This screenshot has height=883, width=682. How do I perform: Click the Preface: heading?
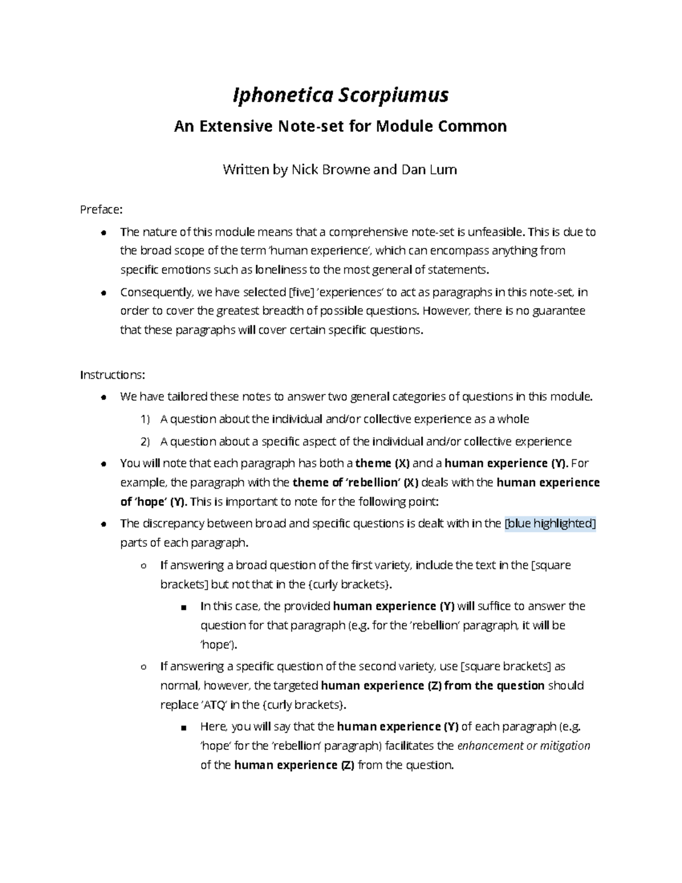(x=101, y=210)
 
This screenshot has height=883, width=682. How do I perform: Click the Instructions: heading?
(x=113, y=375)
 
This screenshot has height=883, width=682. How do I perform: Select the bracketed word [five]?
(x=298, y=292)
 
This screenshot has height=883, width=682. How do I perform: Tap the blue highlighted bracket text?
(x=550, y=524)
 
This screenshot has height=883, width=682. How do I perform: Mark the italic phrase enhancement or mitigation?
(x=523, y=746)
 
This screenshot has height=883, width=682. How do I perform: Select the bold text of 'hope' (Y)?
(x=153, y=502)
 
